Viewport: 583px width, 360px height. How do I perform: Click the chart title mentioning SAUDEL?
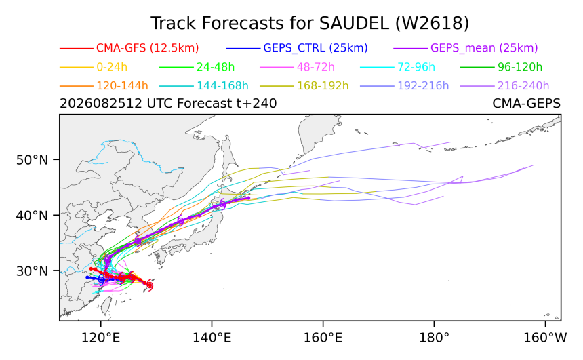[310, 24]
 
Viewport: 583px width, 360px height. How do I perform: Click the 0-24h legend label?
[112, 67]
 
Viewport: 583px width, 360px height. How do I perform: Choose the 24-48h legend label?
[216, 67]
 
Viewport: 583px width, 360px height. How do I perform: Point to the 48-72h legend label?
[316, 67]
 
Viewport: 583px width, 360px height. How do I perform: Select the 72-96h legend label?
[416, 67]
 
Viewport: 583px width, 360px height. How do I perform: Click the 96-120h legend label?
[520, 67]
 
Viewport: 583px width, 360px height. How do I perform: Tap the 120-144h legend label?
[122, 86]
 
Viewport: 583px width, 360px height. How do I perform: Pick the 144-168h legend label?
[222, 86]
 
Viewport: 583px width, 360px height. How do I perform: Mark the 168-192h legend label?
[323, 86]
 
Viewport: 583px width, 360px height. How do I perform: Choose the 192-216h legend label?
[423, 86]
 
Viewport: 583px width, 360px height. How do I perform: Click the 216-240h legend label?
[523, 86]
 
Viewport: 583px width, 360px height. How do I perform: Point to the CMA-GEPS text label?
[527, 103]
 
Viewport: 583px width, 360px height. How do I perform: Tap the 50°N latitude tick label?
[33, 160]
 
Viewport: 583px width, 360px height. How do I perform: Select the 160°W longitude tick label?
[545, 338]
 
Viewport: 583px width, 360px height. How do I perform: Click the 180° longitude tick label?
[435, 338]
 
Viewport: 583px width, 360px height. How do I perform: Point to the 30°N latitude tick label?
[33, 271]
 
